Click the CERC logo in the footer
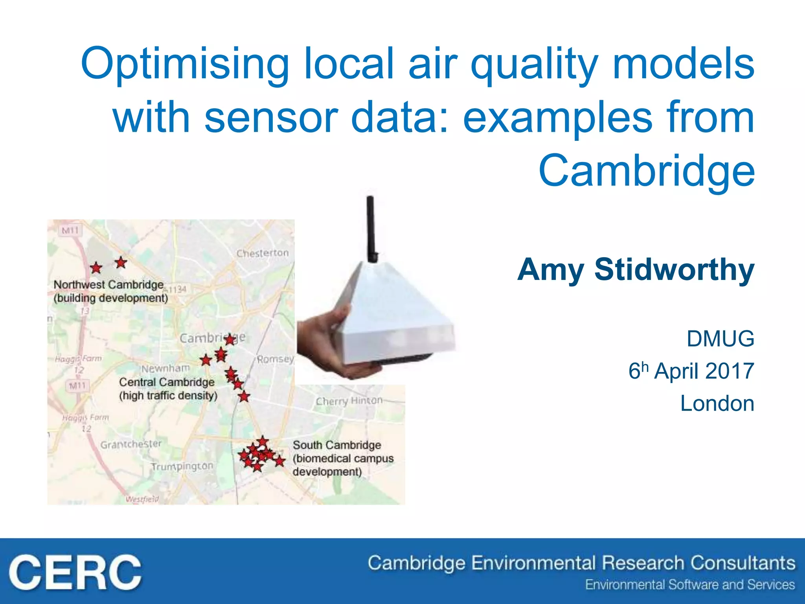click(x=75, y=572)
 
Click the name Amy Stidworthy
click(x=636, y=270)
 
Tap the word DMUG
click(x=720, y=339)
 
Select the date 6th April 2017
click(x=691, y=371)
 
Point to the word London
click(x=717, y=403)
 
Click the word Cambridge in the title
click(x=646, y=171)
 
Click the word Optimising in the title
click(x=185, y=65)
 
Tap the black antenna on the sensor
click(x=371, y=228)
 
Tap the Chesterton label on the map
click(x=262, y=253)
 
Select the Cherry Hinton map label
click(x=349, y=401)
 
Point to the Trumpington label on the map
click(x=182, y=466)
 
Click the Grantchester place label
click(x=131, y=444)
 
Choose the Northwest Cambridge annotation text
click(x=110, y=291)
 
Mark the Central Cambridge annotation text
click(x=168, y=389)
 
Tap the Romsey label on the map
click(x=275, y=359)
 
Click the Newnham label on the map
click(x=165, y=368)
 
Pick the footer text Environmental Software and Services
click(x=690, y=585)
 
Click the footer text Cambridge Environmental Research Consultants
click(x=581, y=563)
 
